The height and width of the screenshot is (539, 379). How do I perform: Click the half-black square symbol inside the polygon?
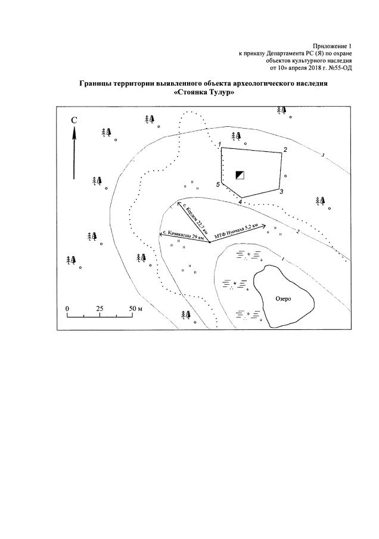tap(240, 174)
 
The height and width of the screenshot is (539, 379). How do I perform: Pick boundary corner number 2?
tap(286, 149)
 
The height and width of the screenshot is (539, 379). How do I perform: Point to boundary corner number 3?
tap(281, 191)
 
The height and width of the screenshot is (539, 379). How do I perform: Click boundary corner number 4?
tap(240, 202)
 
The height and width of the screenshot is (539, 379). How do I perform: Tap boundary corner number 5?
tap(218, 185)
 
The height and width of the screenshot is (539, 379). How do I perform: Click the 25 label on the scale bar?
tap(99, 309)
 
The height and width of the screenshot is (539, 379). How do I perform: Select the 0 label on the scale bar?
tap(67, 309)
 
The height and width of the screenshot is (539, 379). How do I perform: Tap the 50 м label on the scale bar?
tap(136, 309)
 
